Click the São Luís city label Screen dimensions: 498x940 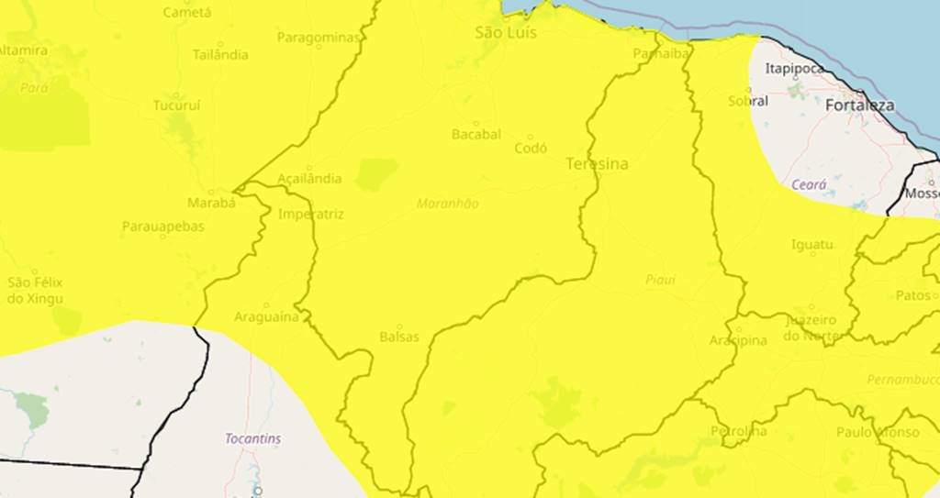pyautogui.click(x=506, y=33)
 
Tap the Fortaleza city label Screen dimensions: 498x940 pyautogui.click(x=859, y=105)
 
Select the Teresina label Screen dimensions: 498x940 pyautogui.click(x=597, y=164)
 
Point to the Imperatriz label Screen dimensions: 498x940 pyautogui.click(x=310, y=215)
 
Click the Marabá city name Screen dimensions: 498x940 pyautogui.click(x=211, y=203)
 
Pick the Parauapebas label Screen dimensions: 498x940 pyautogui.click(x=163, y=227)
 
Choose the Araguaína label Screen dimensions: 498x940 pyautogui.click(x=266, y=317)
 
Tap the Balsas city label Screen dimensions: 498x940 pyautogui.click(x=398, y=337)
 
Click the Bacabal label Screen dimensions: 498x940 pyautogui.click(x=476, y=134)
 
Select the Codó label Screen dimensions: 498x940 pyautogui.click(x=531, y=148)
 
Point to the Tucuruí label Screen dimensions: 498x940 pyautogui.click(x=176, y=105)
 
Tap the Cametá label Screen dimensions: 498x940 pyautogui.click(x=186, y=13)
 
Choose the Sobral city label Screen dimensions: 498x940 pyautogui.click(x=748, y=101)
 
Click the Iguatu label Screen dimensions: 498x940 pyautogui.click(x=811, y=245)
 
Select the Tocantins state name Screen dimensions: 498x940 pyautogui.click(x=253, y=439)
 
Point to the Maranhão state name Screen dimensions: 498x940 pyautogui.click(x=448, y=204)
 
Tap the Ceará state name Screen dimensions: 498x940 pyautogui.click(x=809, y=184)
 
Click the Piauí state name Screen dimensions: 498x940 pyautogui.click(x=659, y=280)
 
